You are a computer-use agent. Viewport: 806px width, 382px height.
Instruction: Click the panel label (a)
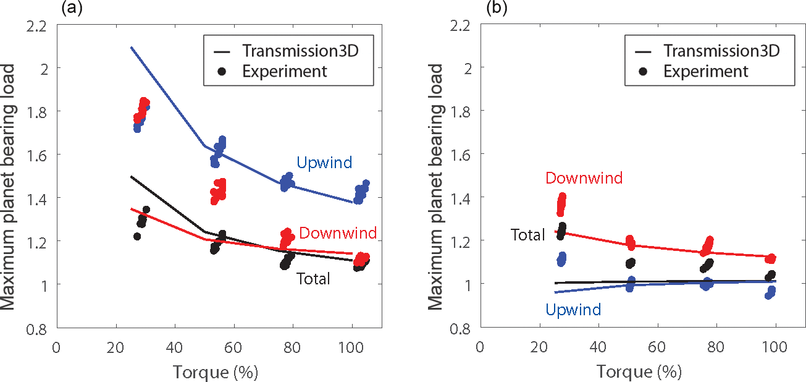click(70, 8)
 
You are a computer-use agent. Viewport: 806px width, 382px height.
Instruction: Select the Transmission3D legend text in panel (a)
click(300, 49)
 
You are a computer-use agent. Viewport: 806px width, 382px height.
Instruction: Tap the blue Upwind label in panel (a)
click(324, 163)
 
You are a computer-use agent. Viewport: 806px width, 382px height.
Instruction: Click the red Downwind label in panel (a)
click(338, 233)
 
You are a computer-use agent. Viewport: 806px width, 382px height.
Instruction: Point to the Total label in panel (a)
click(314, 279)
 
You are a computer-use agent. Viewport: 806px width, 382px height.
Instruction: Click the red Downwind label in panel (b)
click(584, 179)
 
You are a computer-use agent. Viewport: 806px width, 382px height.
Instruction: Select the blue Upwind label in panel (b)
click(574, 310)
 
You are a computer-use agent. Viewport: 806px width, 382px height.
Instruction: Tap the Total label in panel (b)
click(527, 235)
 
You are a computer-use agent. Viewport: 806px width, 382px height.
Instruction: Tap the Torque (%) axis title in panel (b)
click(640, 373)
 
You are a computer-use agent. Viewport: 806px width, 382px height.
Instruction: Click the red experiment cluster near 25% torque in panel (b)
click(561, 204)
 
